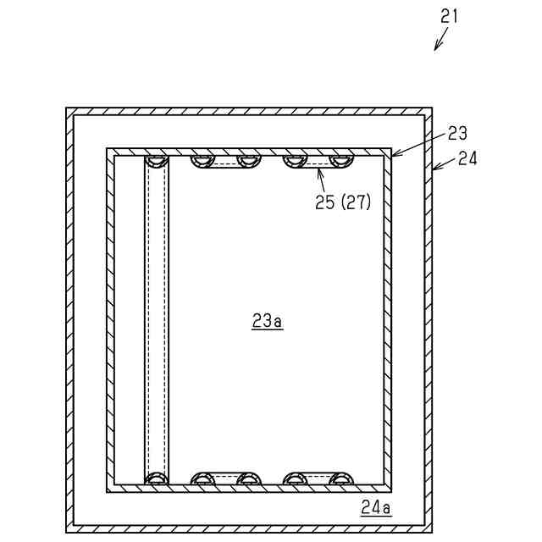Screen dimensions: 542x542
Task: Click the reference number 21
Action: click(449, 16)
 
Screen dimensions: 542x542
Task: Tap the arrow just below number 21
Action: click(441, 41)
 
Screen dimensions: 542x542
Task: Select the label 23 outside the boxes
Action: click(457, 133)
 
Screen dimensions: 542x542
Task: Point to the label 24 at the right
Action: click(467, 158)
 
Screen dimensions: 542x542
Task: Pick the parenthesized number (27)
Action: click(355, 202)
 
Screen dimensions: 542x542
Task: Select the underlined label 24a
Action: click(375, 508)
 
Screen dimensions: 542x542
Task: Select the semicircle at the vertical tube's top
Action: click(156, 161)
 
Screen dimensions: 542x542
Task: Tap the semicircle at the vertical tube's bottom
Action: click(156, 478)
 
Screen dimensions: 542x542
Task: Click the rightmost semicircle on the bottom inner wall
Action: click(340, 478)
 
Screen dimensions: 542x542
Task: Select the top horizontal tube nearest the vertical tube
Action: click(224, 161)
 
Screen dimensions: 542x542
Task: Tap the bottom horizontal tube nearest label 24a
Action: click(318, 478)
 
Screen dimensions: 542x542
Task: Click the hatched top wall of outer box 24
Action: click(249, 111)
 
